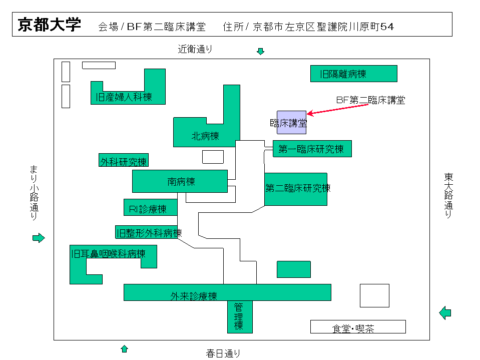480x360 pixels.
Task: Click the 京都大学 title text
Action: click(49, 25)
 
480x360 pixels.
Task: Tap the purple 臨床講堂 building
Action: click(291, 123)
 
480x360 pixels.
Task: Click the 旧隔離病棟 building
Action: click(353, 74)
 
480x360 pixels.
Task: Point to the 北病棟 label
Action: click(205, 136)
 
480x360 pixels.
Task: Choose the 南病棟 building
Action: click(180, 181)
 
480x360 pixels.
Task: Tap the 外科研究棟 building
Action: click(123, 161)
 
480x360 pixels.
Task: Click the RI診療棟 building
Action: click(151, 208)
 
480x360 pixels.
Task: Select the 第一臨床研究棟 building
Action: click(311, 149)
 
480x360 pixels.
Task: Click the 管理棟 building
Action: click(240, 316)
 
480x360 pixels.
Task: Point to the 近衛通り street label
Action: click(195, 49)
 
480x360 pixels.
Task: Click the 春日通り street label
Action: click(223, 353)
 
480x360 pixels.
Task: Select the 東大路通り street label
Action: click(448, 195)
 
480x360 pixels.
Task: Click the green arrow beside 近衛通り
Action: click(260, 51)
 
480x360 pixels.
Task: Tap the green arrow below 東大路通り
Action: click(445, 313)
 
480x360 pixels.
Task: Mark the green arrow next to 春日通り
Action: click(125, 348)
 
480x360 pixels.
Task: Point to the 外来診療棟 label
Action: click(194, 296)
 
